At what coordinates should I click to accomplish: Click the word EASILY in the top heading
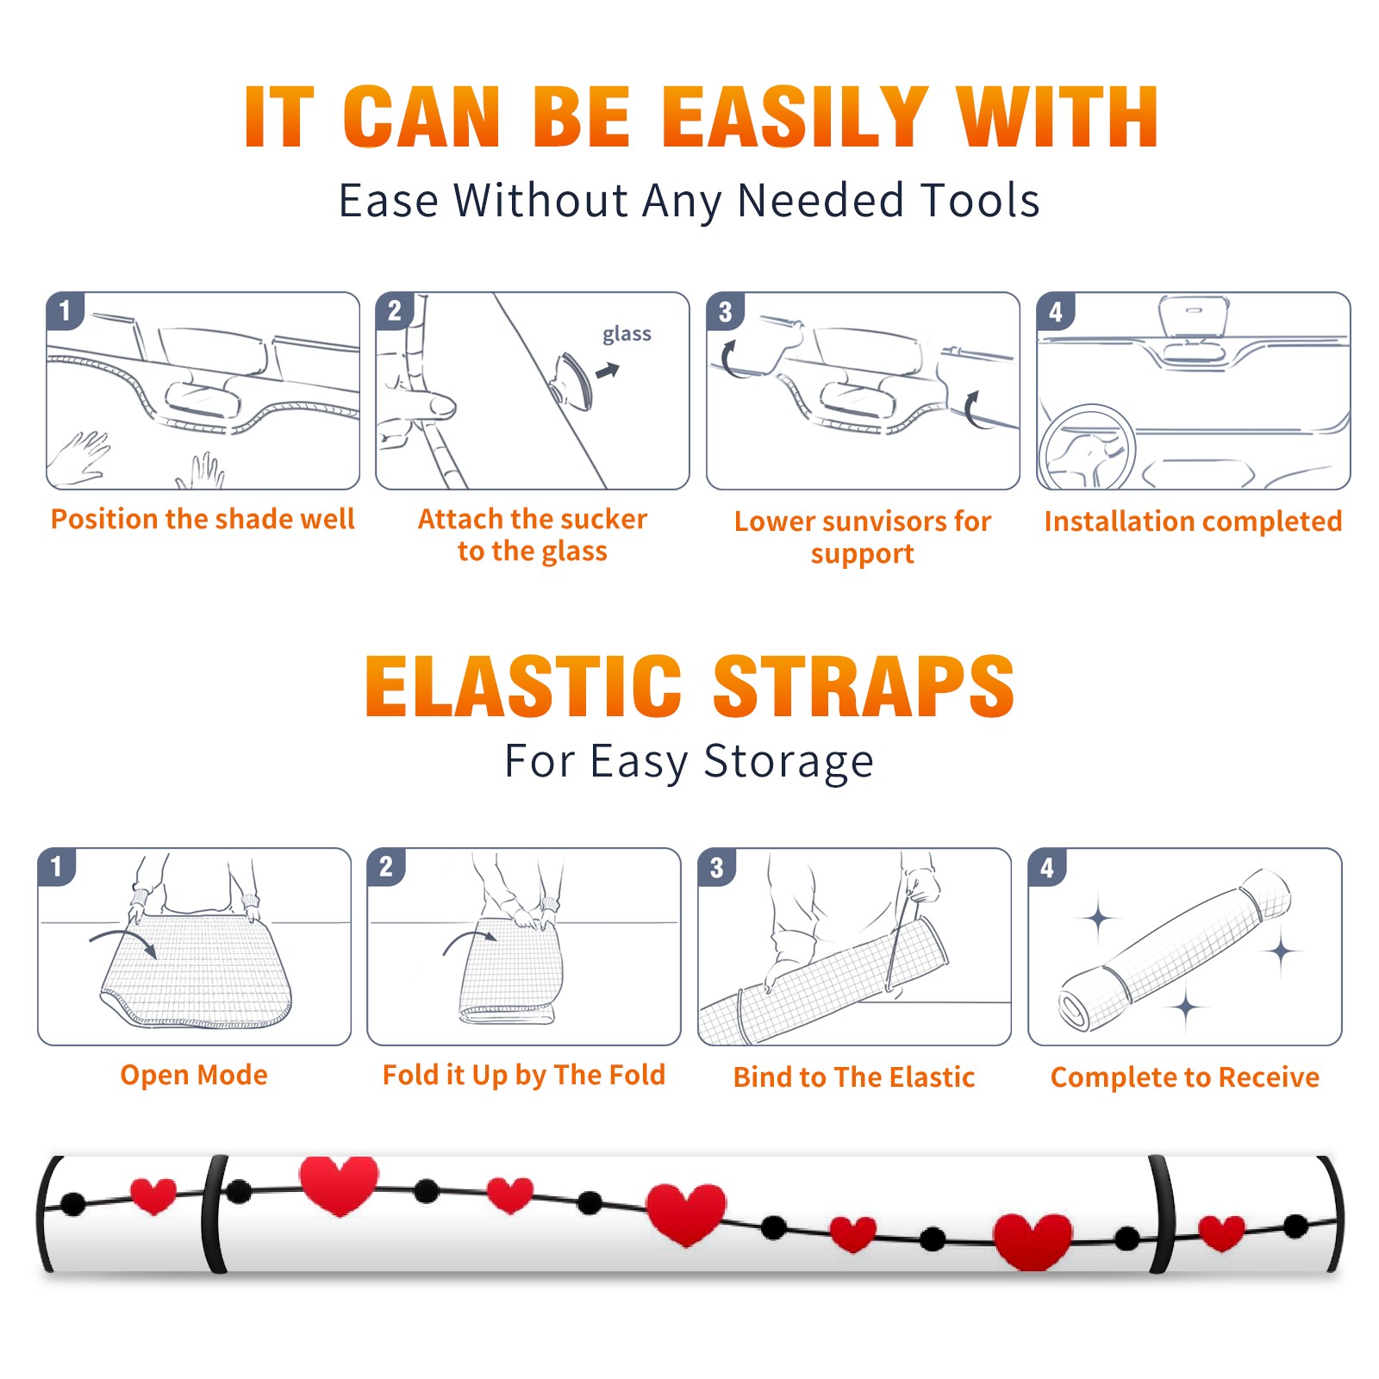[795, 117]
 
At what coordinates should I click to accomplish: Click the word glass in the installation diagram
[627, 334]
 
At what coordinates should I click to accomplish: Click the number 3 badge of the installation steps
[726, 312]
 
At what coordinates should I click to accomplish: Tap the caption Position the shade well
[203, 519]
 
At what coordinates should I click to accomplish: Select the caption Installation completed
[1193, 521]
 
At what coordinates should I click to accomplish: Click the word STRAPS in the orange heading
[864, 686]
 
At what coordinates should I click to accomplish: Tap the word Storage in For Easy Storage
[789, 762]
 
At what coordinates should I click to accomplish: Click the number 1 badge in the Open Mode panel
[57, 867]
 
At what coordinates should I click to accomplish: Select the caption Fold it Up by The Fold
[524, 1075]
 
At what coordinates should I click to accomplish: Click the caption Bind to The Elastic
[854, 1077]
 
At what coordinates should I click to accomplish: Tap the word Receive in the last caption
[1269, 1077]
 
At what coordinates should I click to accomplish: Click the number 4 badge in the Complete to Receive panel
[1047, 867]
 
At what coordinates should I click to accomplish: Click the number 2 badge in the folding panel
[386, 867]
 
